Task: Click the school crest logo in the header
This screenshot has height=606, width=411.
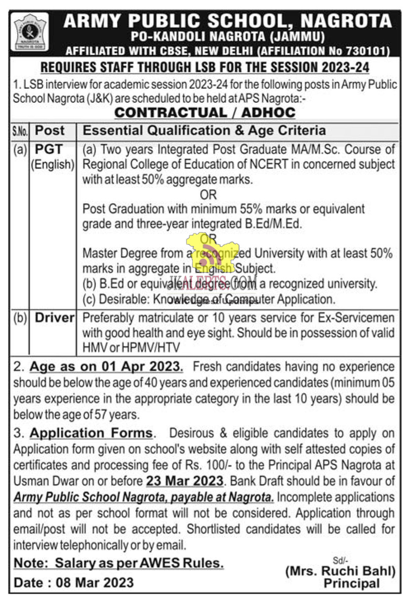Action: point(29,32)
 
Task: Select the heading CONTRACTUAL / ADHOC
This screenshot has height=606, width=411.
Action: point(205,113)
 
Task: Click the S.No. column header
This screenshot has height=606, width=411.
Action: point(19,131)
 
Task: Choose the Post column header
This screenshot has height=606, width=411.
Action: point(50,131)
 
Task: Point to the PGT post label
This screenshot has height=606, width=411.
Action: point(49,149)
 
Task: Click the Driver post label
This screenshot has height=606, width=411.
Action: point(54,318)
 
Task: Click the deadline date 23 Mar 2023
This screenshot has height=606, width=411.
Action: point(184,481)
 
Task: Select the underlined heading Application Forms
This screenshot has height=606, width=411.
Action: point(91,433)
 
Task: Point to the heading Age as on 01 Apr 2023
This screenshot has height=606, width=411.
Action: point(106,366)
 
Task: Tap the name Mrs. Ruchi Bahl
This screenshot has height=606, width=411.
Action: point(340,571)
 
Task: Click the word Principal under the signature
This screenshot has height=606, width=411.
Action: point(352,583)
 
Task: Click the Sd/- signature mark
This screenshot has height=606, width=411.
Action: point(340,560)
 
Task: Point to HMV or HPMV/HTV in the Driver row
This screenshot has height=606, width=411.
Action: point(131,348)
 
